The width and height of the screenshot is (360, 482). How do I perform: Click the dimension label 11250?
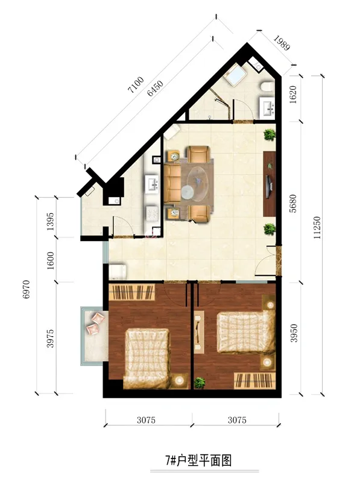click(317, 228)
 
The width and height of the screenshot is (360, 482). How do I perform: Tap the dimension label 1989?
click(282, 43)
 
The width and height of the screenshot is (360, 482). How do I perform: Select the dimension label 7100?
click(136, 85)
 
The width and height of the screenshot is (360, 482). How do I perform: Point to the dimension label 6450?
click(155, 88)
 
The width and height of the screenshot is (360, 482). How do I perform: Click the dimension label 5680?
click(293, 203)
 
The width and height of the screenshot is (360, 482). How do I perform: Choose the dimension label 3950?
click(294, 333)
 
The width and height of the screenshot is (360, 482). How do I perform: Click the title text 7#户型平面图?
click(198, 460)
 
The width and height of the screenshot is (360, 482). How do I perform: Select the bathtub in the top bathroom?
click(235, 75)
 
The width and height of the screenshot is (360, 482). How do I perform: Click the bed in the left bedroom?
click(147, 358)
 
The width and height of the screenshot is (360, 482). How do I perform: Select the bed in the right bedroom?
click(246, 332)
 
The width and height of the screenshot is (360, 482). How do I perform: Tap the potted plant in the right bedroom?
click(200, 383)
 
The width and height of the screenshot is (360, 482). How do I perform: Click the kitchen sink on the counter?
click(152, 184)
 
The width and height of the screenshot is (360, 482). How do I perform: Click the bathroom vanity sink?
click(267, 108)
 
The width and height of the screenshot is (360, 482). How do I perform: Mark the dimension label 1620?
click(293, 95)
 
